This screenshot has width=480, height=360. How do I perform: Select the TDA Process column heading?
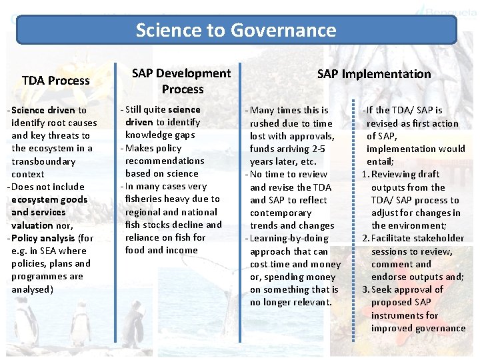click(x=56, y=81)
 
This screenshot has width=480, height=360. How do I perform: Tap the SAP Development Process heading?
click(x=181, y=81)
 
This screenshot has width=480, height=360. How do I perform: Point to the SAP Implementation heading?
click(x=374, y=74)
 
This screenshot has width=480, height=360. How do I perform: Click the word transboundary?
click(x=43, y=161)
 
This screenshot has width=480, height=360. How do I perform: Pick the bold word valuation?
click(x=32, y=225)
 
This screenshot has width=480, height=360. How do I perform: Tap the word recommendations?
click(x=165, y=161)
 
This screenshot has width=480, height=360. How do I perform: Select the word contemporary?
click(x=281, y=213)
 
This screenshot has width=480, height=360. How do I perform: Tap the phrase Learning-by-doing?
click(x=280, y=238)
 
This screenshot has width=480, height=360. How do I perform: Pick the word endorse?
click(x=390, y=277)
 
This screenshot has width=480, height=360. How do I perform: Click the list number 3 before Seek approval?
click(x=365, y=289)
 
